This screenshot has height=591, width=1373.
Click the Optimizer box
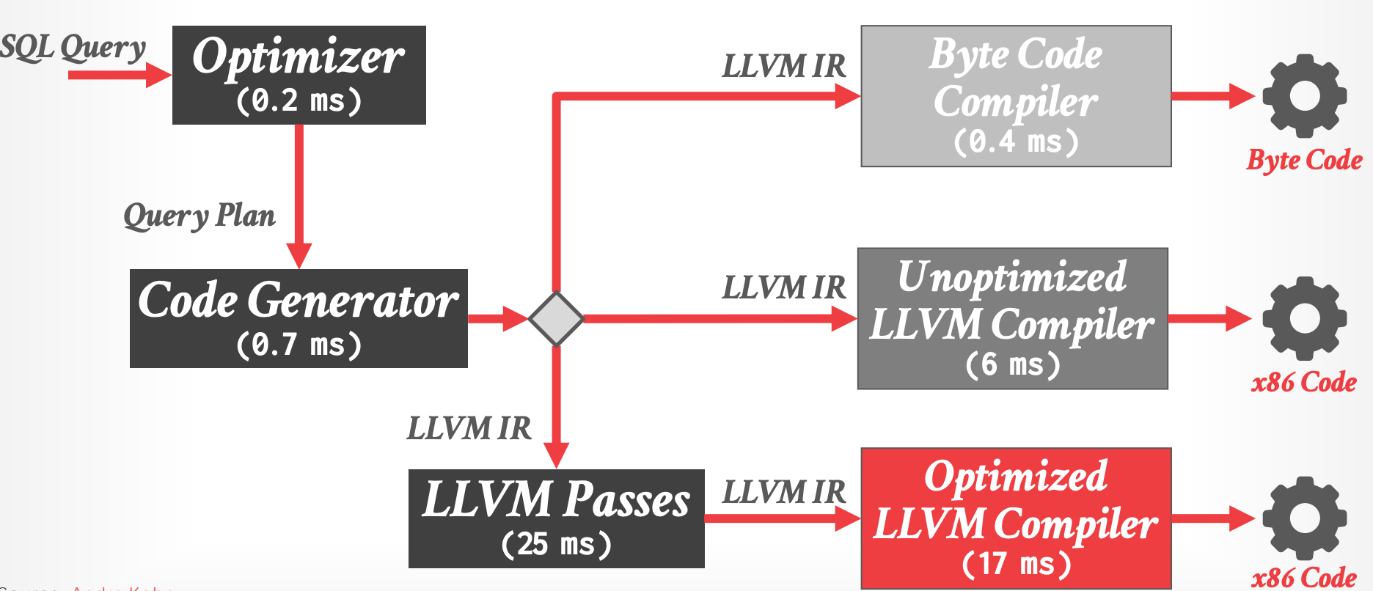pyautogui.click(x=299, y=75)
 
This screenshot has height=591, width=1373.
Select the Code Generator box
pyautogui.click(x=299, y=318)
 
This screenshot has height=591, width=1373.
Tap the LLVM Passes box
pyautogui.click(x=556, y=518)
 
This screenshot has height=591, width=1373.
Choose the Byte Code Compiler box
pyautogui.click(x=1016, y=96)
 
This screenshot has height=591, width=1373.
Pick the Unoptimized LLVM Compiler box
pyautogui.click(x=1012, y=318)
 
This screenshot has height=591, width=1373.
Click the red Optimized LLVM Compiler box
pyautogui.click(x=1016, y=518)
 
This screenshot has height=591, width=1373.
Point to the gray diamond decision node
pyautogui.click(x=557, y=318)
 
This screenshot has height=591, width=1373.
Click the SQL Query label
pyautogui.click(x=73, y=48)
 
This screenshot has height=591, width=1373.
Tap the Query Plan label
pyautogui.click(x=199, y=216)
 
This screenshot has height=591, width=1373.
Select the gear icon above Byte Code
pyautogui.click(x=1304, y=96)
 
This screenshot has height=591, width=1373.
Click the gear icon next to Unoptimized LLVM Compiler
pyautogui.click(x=1304, y=318)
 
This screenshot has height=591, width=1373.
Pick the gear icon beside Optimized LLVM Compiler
pyautogui.click(x=1304, y=518)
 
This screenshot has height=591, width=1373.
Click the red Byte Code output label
pyautogui.click(x=1304, y=161)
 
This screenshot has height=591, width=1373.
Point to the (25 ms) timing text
pyautogui.click(x=556, y=545)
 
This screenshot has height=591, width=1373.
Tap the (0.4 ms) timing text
pyautogui.click(x=1016, y=142)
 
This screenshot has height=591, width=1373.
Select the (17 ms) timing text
pyautogui.click(x=1016, y=564)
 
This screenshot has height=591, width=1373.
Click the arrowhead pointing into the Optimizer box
pyautogui.click(x=158, y=75)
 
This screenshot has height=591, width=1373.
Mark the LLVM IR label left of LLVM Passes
pyautogui.click(x=469, y=428)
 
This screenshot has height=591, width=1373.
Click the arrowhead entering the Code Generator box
pyautogui.click(x=299, y=257)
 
